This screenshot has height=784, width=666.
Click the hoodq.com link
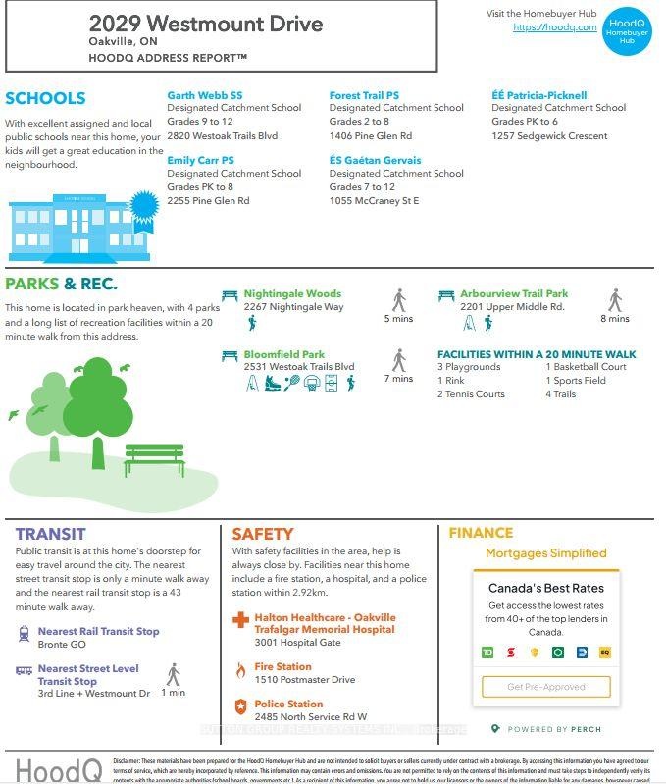click(554, 27)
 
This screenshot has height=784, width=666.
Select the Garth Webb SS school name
click(204, 95)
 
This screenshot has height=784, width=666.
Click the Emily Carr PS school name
click(200, 160)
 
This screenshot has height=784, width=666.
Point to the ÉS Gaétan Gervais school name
click(375, 160)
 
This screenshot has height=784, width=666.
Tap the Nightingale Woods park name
click(292, 293)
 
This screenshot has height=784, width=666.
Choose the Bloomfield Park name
click(284, 354)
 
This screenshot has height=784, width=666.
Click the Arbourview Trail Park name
click(514, 293)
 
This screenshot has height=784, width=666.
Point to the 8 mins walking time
click(615, 318)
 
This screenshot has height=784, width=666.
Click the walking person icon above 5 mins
click(399, 299)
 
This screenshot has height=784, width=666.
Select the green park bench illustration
click(154, 458)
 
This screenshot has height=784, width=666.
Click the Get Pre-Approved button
click(545, 687)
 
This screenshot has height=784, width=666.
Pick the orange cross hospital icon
click(240, 621)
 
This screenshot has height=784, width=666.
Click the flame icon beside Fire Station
click(240, 670)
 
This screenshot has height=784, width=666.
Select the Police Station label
click(288, 704)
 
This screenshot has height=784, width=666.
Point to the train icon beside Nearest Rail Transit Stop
click(24, 635)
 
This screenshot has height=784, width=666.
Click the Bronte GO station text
click(62, 645)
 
